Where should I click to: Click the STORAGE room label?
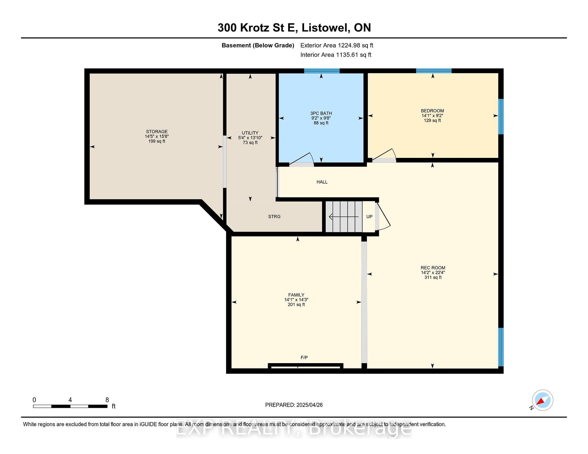pyautogui.click(x=156, y=132)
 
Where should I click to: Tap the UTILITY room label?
pyautogui.click(x=250, y=133)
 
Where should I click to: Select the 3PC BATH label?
pyautogui.click(x=321, y=113)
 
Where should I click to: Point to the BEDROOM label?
pyautogui.click(x=432, y=111)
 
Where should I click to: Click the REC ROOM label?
pyautogui.click(x=433, y=268)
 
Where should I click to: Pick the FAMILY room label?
pyautogui.click(x=296, y=295)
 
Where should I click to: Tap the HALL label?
pyautogui.click(x=322, y=182)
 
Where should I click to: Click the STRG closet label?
pyautogui.click(x=274, y=217)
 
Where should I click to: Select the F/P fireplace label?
pyautogui.click(x=304, y=357)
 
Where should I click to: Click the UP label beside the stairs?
pyautogui.click(x=369, y=217)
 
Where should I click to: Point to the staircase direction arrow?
pyautogui.click(x=344, y=217)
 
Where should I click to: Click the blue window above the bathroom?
pyautogui.click(x=322, y=71)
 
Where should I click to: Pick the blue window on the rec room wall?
pyautogui.click(x=501, y=347)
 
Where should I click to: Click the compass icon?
pyautogui.click(x=542, y=400)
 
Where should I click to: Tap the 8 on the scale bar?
pyautogui.click(x=107, y=400)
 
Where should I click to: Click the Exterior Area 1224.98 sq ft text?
pyautogui.click(x=337, y=45)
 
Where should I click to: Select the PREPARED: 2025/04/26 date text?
pyautogui.click(x=294, y=405)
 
